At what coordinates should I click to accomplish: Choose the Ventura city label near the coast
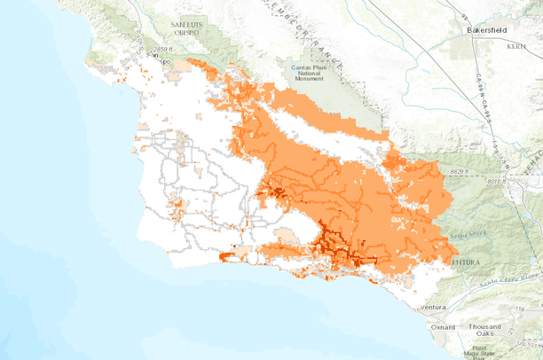tap(433, 307)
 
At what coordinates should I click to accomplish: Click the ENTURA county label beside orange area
tap(466, 263)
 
